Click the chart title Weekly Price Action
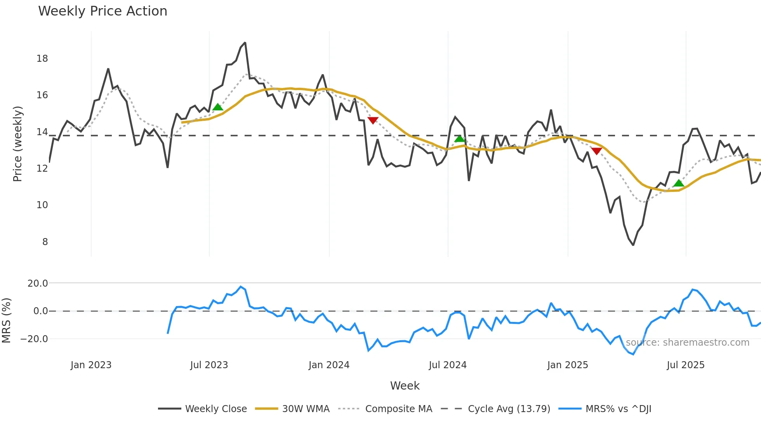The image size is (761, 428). coord(103,11)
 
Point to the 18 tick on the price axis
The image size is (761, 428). coord(42,59)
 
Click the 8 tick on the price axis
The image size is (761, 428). coord(45,242)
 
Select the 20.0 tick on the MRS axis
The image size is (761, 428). coord(38,284)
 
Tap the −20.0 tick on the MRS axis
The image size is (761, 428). coord(34,339)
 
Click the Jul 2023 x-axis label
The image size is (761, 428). coord(209,365)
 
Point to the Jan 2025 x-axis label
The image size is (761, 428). coord(567,365)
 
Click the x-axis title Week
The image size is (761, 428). coord(405,386)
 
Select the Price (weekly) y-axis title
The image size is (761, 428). coord(18,144)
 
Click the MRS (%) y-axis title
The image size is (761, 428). coord(6,320)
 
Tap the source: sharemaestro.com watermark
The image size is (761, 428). coord(687,343)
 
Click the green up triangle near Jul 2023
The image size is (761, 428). coord(218,107)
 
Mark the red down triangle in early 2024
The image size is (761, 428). coord(373,120)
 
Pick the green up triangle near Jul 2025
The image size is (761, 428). coord(679,183)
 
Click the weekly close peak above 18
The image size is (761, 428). coord(245,43)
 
